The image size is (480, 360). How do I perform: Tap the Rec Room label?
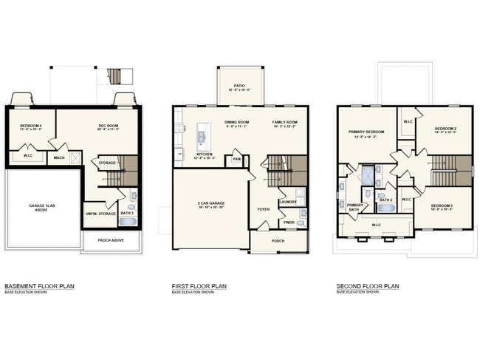(109, 126)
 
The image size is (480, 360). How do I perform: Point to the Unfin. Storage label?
(100, 214)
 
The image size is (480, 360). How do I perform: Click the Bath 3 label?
(127, 214)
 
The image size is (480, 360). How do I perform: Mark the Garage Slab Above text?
(42, 209)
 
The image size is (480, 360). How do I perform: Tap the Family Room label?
(284, 122)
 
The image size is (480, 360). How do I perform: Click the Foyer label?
(264, 209)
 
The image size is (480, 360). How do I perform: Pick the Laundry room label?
(287, 202)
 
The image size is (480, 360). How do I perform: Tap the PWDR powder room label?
(289, 222)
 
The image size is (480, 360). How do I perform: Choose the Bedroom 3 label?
(442, 205)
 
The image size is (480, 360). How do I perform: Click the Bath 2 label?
(385, 200)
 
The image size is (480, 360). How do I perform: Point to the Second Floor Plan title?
(367, 286)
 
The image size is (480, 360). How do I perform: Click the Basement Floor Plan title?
(39, 286)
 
